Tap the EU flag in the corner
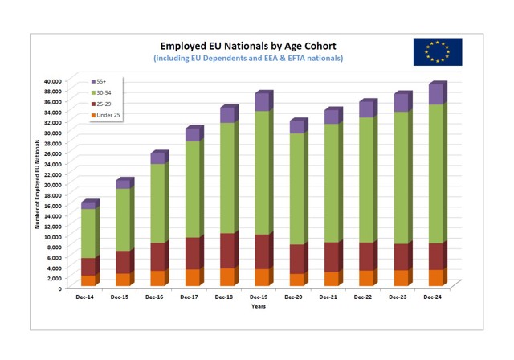pos(438,51)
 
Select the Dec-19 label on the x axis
pos(260,297)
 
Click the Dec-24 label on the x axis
pos(433,297)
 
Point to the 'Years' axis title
pos(258,306)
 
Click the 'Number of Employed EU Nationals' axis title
pos(37,184)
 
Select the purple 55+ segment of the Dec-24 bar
pos(434,95)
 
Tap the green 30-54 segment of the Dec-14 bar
pos(88,233)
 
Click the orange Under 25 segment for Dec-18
pos(226,276)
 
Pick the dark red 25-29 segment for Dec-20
pos(296,259)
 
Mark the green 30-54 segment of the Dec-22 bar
pos(365,180)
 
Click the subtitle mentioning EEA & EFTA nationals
pos(247,59)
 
